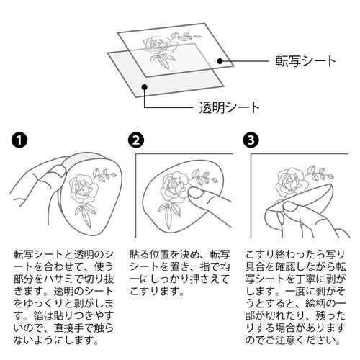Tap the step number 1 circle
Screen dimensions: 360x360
[20, 140]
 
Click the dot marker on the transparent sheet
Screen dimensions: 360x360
[145, 87]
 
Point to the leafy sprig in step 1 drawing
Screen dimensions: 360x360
[104, 175]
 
